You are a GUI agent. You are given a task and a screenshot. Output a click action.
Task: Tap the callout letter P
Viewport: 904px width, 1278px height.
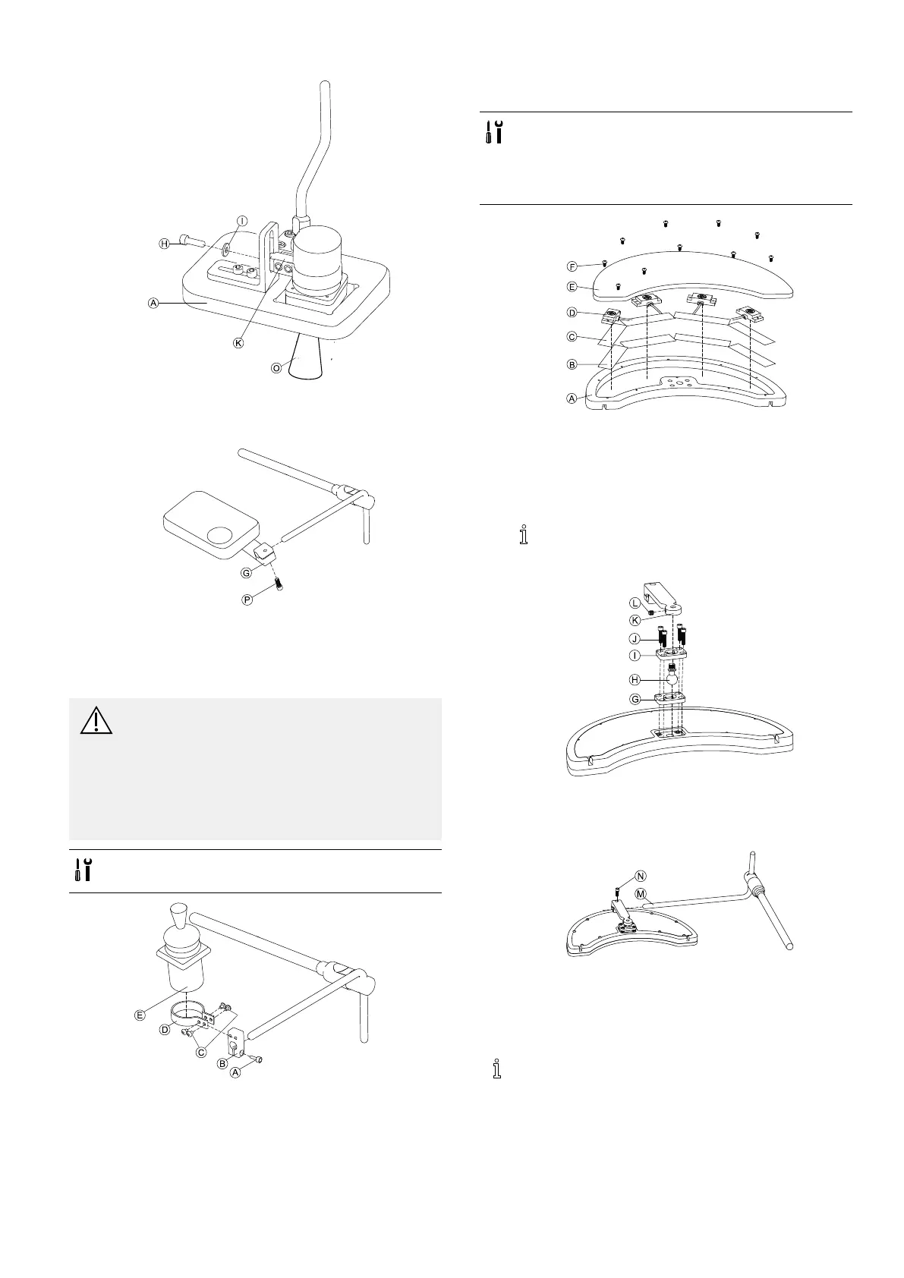[x=247, y=600]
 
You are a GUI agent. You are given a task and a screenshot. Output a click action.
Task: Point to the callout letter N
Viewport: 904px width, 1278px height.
[x=641, y=875]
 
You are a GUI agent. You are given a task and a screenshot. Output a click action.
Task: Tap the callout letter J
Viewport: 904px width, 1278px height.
[x=635, y=638]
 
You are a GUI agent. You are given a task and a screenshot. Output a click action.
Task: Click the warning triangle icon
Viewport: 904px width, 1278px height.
[x=96, y=720]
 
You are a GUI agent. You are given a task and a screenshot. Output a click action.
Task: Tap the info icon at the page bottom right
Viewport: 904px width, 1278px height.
[x=497, y=1069]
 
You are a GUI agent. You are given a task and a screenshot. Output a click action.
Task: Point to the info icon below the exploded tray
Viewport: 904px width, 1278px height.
[x=522, y=535]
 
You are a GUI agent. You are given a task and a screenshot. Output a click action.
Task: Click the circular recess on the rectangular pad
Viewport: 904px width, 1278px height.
[x=222, y=535]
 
